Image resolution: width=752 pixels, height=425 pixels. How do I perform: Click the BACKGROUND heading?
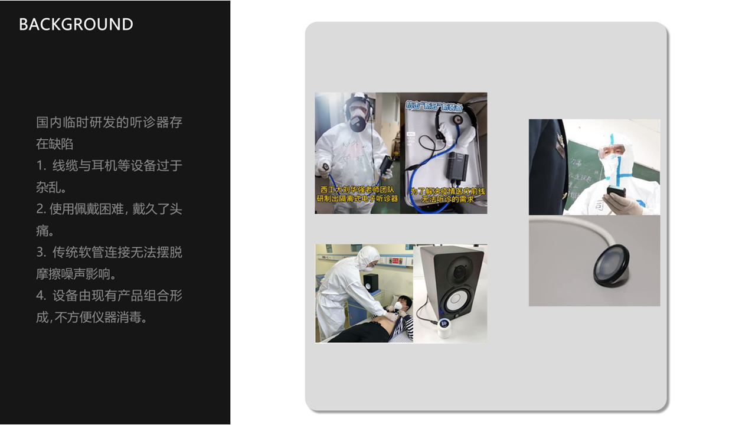76,24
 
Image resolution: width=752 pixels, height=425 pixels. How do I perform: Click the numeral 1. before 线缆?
41,166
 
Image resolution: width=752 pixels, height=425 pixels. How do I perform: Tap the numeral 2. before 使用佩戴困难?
41,209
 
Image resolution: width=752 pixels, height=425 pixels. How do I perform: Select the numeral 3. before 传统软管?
41,252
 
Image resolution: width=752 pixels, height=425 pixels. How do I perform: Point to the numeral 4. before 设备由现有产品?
41,296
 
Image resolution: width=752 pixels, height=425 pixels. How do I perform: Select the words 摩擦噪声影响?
75,274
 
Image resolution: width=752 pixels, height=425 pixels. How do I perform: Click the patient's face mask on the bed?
397,306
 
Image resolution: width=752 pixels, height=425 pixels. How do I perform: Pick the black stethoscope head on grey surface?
611,266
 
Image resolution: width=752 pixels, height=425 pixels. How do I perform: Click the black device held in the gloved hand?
615,192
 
